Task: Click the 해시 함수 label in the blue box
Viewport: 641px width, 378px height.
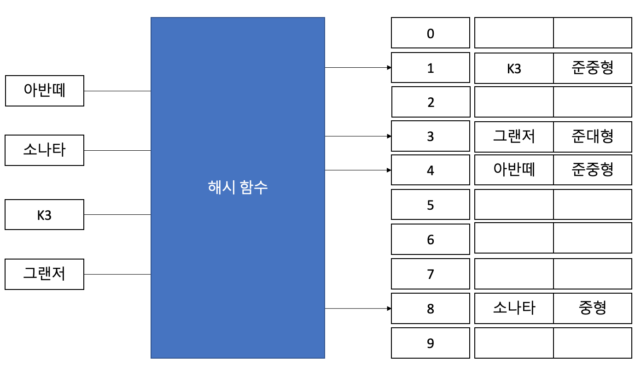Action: [x=238, y=188]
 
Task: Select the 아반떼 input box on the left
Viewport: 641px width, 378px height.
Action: [x=45, y=91]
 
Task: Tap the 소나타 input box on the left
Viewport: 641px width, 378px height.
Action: [x=45, y=150]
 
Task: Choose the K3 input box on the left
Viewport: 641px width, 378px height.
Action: [x=45, y=214]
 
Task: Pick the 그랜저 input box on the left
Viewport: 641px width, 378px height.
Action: [x=45, y=274]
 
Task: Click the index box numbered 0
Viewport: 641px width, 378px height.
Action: [x=431, y=33]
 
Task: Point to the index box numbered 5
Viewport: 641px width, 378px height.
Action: [x=431, y=205]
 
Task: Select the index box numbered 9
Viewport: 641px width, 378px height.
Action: [x=431, y=343]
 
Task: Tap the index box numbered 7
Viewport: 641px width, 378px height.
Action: [x=431, y=274]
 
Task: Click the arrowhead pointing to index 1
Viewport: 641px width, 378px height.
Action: [x=389, y=67]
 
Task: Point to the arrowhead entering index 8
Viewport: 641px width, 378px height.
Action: [x=389, y=308]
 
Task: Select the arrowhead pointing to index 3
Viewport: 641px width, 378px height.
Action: [x=389, y=136]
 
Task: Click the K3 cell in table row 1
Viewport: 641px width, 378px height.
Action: [x=514, y=68]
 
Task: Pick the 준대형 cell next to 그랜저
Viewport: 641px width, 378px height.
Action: [x=593, y=136]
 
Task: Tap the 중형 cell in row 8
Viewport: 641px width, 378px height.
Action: [x=593, y=308]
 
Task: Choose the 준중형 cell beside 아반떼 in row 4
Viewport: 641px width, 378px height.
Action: [x=593, y=170]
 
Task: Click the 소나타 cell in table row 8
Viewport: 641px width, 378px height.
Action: [x=514, y=308]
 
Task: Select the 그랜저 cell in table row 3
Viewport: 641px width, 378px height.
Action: [x=514, y=136]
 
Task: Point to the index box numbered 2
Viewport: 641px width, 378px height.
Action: [x=431, y=102]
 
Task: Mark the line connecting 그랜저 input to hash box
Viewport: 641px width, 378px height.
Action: [x=117, y=274]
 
